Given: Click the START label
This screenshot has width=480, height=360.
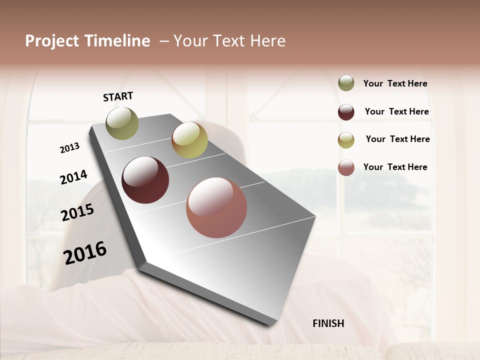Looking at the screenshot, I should pyautogui.click(x=118, y=96).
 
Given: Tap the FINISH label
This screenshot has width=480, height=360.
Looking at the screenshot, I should pyautogui.click(x=328, y=323).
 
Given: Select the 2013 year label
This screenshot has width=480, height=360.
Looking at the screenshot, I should pyautogui.click(x=69, y=148).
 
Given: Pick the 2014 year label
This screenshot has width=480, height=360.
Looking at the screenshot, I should pyautogui.click(x=73, y=177).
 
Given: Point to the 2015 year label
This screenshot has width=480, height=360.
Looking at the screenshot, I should pyautogui.click(x=77, y=212).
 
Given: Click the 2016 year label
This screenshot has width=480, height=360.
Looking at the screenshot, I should pyautogui.click(x=85, y=252).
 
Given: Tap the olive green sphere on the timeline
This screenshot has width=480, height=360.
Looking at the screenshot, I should pyautogui.click(x=122, y=123).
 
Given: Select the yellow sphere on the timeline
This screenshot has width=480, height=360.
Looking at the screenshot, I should pyautogui.click(x=189, y=140).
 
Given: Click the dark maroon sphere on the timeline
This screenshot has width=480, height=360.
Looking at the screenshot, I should pyautogui.click(x=145, y=180).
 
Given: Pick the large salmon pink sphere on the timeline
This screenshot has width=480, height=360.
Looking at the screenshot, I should pyautogui.click(x=216, y=207).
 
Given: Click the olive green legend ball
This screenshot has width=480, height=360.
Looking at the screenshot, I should pyautogui.click(x=346, y=83).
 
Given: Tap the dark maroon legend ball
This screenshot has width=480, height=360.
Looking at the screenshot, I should pyautogui.click(x=346, y=112).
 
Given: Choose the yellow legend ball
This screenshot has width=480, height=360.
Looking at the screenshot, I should pyautogui.click(x=346, y=140).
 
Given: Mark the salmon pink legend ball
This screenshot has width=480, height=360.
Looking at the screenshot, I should pyautogui.click(x=346, y=167).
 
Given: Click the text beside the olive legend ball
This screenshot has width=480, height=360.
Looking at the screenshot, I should pyautogui.click(x=395, y=84).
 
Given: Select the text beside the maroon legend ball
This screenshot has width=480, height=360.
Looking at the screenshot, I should pyautogui.click(x=396, y=111).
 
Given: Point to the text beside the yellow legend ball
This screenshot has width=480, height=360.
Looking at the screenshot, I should pyautogui.click(x=397, y=139).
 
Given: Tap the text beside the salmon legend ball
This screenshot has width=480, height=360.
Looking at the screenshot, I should pyautogui.click(x=395, y=167).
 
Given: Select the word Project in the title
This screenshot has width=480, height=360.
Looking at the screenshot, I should pyautogui.click(x=52, y=41).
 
